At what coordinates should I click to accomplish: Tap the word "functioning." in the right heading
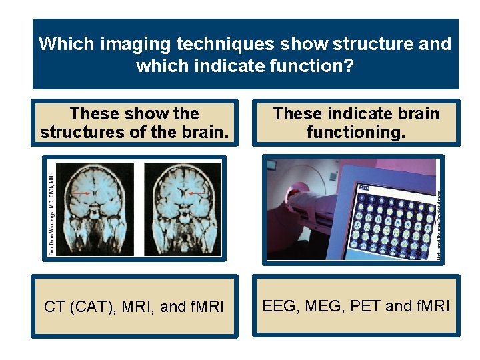coord(355,132)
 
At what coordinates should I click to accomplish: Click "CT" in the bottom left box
coord(55,307)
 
